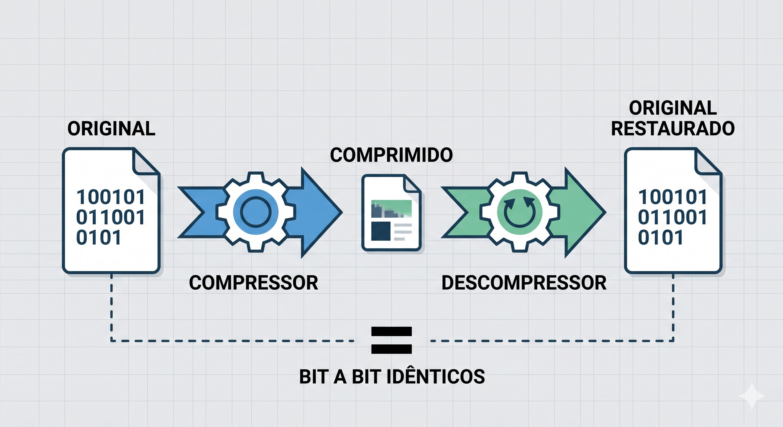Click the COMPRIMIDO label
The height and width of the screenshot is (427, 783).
click(391, 155)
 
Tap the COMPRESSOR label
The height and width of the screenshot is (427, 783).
click(254, 283)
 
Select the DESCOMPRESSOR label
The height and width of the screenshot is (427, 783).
click(524, 283)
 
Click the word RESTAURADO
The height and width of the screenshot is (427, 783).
click(673, 128)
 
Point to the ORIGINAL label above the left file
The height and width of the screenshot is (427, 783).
click(111, 128)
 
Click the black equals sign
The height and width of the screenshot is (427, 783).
click(391, 340)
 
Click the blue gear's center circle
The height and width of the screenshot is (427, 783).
click(256, 212)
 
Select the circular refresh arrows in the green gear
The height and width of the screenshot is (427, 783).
click(519, 212)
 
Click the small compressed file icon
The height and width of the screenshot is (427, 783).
click(391, 212)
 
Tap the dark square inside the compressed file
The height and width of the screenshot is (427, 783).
click(381, 231)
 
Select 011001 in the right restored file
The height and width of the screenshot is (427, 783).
click(672, 217)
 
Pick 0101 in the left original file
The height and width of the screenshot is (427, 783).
click(98, 237)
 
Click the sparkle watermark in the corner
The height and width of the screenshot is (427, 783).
click(751, 395)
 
